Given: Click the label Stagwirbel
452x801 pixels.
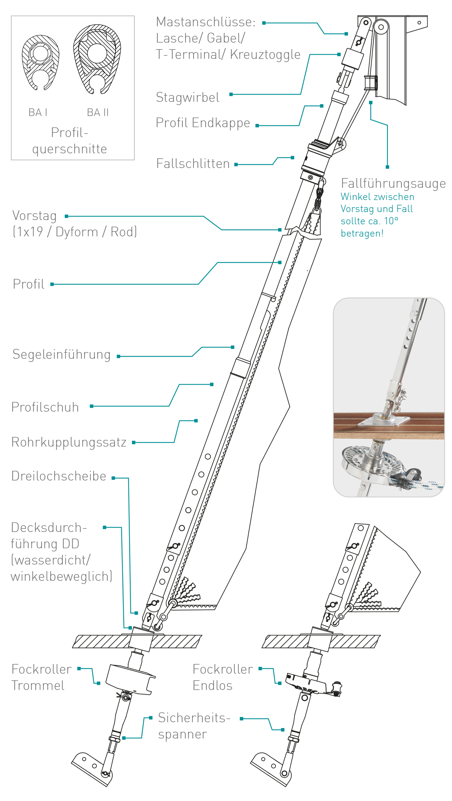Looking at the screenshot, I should point(187,97).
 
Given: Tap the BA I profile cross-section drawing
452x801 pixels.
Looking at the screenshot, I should point(40,62).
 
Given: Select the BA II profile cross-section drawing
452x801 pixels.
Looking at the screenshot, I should point(97,59).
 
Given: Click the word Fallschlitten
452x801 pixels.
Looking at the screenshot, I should point(193,164).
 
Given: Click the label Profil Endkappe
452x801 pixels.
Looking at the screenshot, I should point(203,123).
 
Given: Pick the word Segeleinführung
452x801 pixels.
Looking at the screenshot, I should point(61,354).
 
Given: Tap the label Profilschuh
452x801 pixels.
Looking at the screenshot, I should point(45,407).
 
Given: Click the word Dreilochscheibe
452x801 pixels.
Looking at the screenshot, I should point(59,476).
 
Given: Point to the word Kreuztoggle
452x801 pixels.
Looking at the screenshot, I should point(265,55).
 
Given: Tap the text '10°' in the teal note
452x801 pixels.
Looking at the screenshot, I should point(391,221).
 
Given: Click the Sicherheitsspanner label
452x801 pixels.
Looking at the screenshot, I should point(194,726).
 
